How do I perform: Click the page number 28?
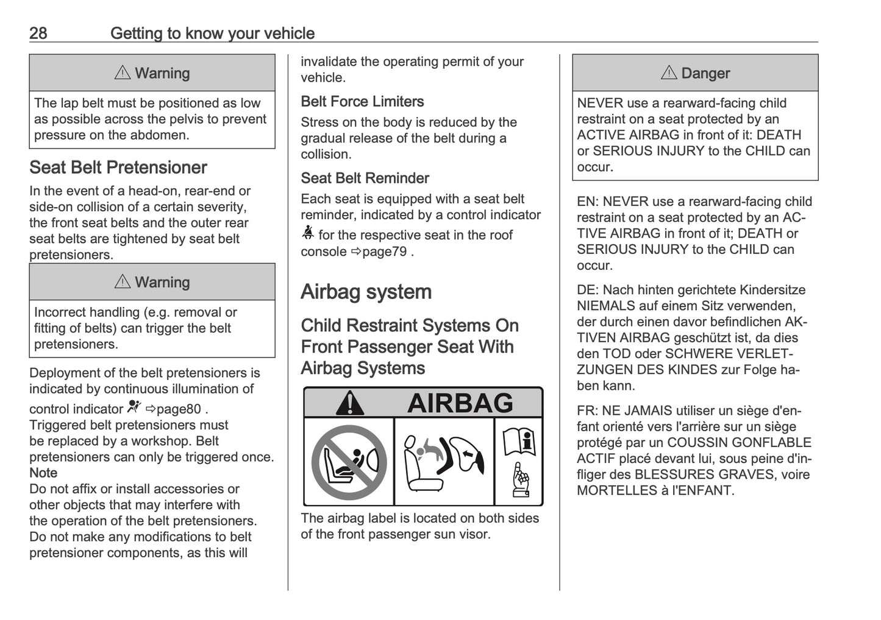pos(38,33)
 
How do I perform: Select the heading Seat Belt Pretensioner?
pos(118,167)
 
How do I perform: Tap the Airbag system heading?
pos(366,292)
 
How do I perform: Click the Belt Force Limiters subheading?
pos(362,102)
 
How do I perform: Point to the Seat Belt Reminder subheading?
pos(365,178)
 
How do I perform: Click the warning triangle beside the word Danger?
pos(669,73)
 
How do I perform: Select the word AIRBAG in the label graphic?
pos(460,403)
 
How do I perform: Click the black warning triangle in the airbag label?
pos(349,403)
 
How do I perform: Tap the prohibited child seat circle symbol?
pos(349,462)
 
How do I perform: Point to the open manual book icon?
pos(519,441)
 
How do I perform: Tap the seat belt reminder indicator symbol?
pos(307,234)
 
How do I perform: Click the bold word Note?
pos(43,473)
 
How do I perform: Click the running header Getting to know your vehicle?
pos(212,33)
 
